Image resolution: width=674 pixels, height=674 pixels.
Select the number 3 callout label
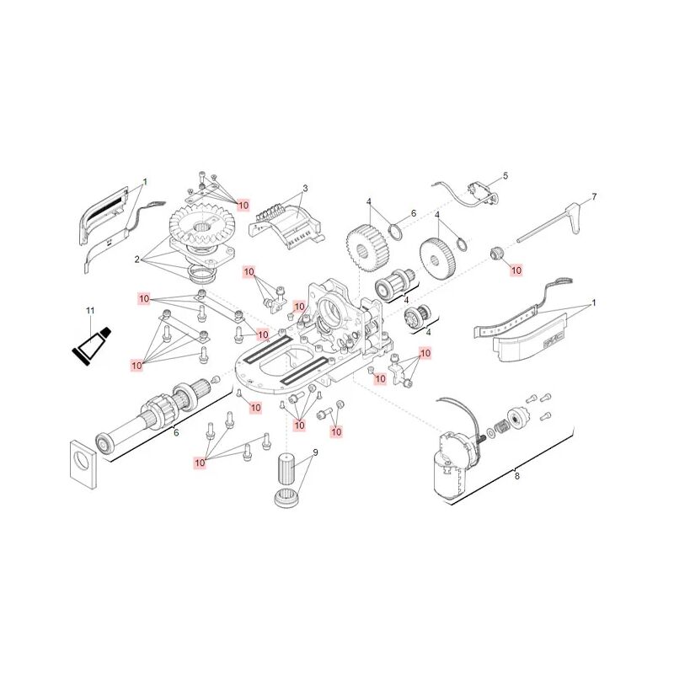coord(305,188)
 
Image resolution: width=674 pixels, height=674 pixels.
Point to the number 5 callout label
coord(505,176)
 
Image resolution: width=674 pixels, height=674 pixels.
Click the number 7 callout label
coord(594,196)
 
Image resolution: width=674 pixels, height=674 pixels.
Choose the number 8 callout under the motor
coord(517,476)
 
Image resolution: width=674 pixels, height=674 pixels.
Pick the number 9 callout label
coord(315,452)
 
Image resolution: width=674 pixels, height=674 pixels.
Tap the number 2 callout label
coord(136,259)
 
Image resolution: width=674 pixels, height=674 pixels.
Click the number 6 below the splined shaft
coord(176,433)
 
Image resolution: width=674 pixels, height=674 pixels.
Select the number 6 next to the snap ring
coord(413,214)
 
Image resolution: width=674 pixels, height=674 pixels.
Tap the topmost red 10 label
coord(243,205)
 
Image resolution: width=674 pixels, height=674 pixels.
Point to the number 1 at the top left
coord(144,181)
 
